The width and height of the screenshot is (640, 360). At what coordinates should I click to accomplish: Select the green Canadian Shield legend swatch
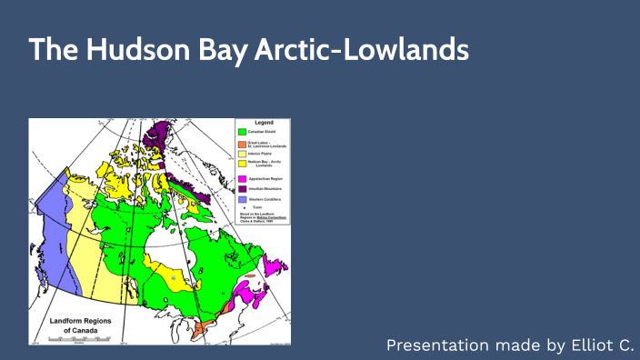243,133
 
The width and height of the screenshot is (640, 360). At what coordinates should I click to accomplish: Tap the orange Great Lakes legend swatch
243,145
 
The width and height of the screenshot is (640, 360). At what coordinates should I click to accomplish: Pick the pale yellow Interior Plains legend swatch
243,155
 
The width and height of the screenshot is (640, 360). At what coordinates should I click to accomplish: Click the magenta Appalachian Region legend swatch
243,179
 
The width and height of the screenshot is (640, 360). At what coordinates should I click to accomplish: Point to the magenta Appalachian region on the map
246,295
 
